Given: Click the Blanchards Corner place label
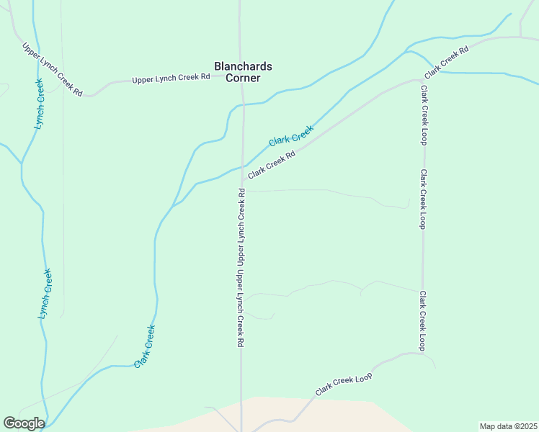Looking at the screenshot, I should click(243, 71).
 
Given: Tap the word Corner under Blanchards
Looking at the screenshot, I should click(243, 78).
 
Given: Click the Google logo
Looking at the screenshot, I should click(24, 423).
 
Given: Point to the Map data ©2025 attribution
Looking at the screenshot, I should click(508, 426).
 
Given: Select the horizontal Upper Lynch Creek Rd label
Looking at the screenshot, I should click(171, 78).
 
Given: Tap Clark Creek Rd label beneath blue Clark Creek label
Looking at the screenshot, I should click(272, 165).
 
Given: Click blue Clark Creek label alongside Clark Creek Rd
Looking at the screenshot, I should click(291, 136).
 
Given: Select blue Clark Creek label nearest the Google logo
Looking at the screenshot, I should click(145, 346).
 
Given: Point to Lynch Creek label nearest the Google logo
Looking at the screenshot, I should click(45, 294).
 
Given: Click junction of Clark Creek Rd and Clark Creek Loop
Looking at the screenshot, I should click(422, 79).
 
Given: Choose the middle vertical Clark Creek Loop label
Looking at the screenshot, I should click(424, 199).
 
